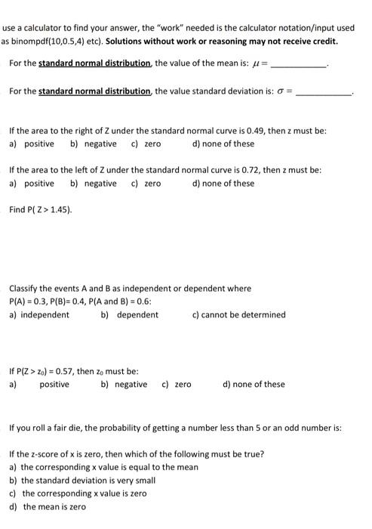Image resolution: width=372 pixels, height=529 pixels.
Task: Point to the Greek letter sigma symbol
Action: tap(284, 91)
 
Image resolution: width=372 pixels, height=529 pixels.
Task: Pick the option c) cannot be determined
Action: tap(240, 314)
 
